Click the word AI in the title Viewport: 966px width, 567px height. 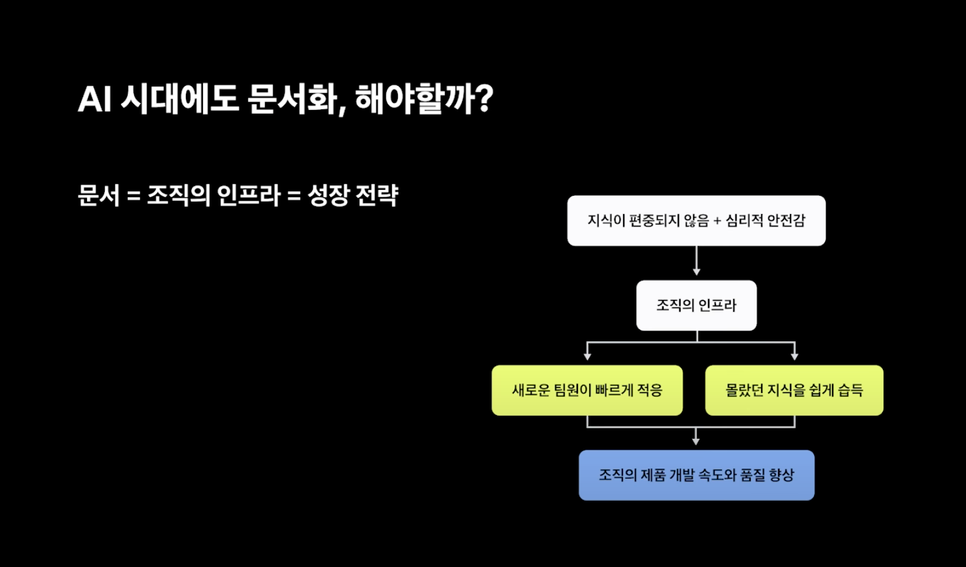click(94, 100)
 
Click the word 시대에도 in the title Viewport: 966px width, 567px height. click(179, 100)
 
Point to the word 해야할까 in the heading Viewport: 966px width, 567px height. click(416, 100)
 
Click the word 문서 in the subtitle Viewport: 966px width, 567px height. click(98, 195)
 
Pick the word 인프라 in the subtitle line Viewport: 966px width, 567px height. click(249, 195)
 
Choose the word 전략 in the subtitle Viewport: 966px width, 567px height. click(377, 195)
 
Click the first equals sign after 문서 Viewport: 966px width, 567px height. click(134, 196)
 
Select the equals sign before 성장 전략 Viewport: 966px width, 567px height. click(294, 196)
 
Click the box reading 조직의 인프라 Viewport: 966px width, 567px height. click(696, 306)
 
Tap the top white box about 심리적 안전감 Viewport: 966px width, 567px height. click(696, 221)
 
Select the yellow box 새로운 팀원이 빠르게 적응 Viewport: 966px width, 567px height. click(587, 390)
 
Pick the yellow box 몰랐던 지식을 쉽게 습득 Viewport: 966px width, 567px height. click(795, 390)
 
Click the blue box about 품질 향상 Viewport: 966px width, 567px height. click(696, 475)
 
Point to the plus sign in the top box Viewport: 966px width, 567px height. click(717, 221)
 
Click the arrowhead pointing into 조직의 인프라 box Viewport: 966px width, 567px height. click(696, 272)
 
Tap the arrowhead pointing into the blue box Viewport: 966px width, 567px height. click(696, 441)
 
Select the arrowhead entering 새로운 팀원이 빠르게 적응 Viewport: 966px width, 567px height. click(587, 356)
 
